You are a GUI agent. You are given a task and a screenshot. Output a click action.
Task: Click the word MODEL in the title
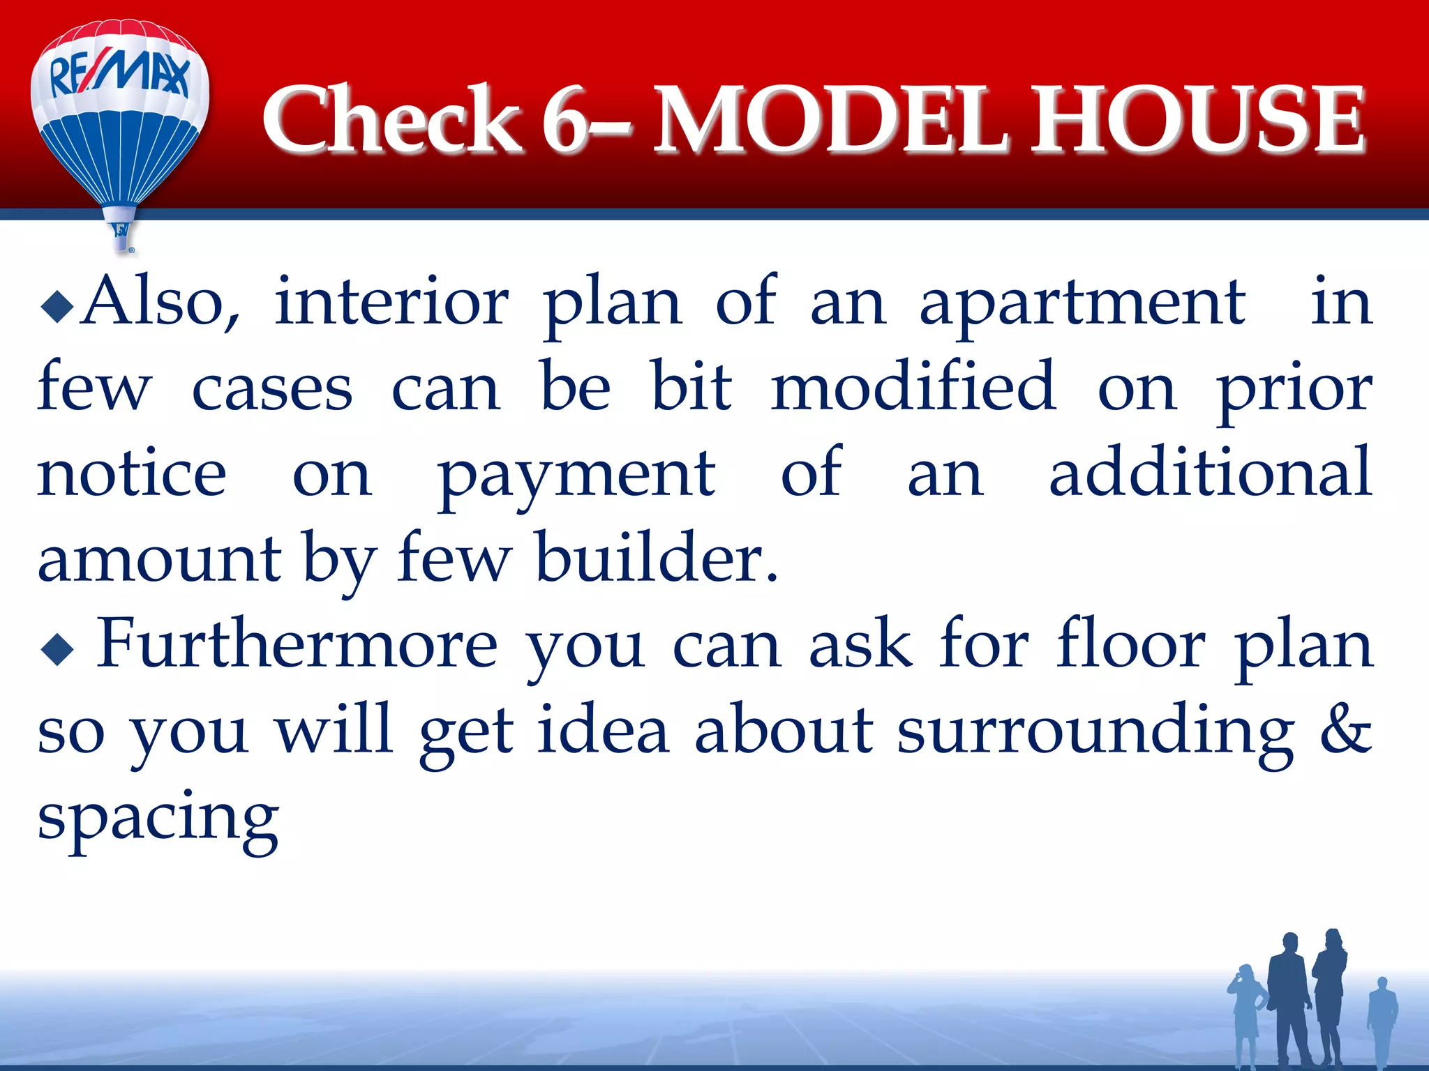click(830, 120)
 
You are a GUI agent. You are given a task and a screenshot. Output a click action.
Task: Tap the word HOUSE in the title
click(1197, 120)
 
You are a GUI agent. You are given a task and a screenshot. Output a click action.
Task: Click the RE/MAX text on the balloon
click(119, 75)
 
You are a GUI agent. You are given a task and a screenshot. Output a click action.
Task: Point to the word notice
click(132, 473)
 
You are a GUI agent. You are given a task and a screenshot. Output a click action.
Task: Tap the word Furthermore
click(297, 644)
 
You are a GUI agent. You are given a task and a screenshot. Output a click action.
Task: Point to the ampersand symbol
click(1347, 731)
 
